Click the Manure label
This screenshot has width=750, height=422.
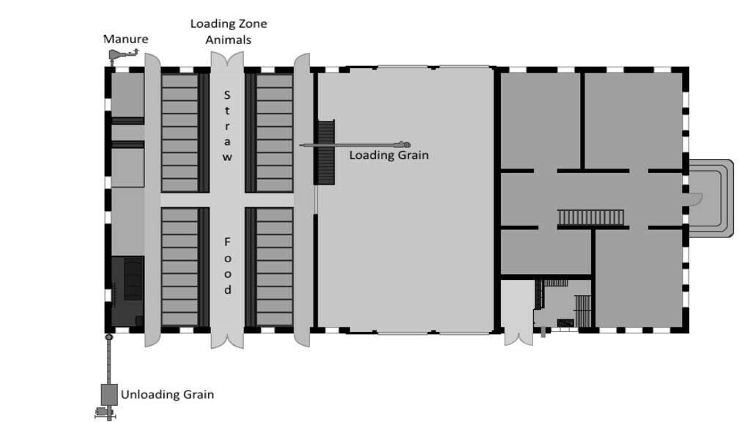click(x=126, y=40)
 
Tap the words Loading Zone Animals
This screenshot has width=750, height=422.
click(x=229, y=32)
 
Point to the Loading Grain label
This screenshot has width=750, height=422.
click(x=388, y=155)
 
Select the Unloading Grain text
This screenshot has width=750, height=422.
click(x=167, y=395)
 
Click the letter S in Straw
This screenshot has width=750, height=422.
click(x=227, y=95)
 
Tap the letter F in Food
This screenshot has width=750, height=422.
click(x=227, y=242)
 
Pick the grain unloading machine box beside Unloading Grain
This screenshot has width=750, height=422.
click(x=109, y=395)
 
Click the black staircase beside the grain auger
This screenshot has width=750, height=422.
click(x=325, y=152)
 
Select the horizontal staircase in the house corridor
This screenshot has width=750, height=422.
click(x=591, y=218)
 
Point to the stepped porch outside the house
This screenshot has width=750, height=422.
click(x=710, y=198)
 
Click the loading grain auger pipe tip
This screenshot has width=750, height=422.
click(x=406, y=144)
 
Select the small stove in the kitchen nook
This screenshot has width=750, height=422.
click(x=565, y=323)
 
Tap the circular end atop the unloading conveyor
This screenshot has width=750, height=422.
click(x=109, y=337)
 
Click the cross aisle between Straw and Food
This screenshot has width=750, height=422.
click(x=227, y=199)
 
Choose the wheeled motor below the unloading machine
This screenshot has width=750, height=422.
click(x=104, y=412)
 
